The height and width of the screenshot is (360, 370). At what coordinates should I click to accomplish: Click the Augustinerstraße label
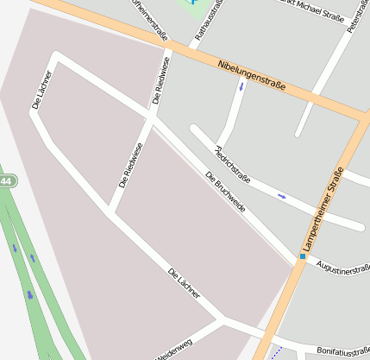point(343,269)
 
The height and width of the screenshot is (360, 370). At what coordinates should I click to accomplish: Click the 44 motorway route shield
point(6,181)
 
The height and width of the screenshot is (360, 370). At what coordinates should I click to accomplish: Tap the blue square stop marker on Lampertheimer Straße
point(303,256)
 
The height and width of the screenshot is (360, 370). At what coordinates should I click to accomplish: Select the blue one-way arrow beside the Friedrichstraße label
point(282,196)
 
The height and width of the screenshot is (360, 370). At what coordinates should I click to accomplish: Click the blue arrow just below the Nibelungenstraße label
point(241,89)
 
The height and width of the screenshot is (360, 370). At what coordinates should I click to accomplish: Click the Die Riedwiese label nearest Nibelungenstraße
point(161,81)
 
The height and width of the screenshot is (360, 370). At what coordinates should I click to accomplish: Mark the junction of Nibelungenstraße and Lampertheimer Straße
point(360,117)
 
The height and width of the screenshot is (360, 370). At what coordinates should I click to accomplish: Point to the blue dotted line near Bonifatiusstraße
point(275,352)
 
